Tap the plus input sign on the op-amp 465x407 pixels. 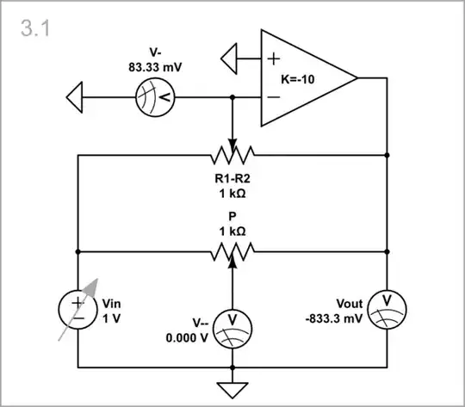(x=273, y=59)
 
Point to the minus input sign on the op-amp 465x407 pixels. (x=273, y=97)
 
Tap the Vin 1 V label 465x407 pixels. (x=113, y=311)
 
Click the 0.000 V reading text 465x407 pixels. (x=188, y=337)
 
